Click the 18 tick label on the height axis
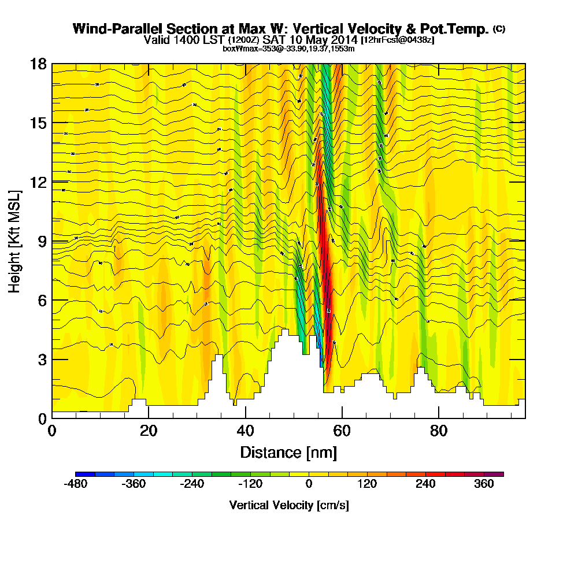pyautogui.click(x=38, y=64)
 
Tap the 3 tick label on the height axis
pyautogui.click(x=42, y=360)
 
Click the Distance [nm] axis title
pyautogui.click(x=288, y=452)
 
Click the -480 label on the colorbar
pyautogui.click(x=76, y=484)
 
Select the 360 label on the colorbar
pyautogui.click(x=484, y=484)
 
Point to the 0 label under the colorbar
pyautogui.click(x=309, y=484)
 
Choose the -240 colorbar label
pyautogui.click(x=192, y=484)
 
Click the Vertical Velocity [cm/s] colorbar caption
pyautogui.click(x=288, y=505)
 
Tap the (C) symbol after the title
pyautogui.click(x=499, y=29)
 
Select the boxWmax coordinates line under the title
pyautogui.click(x=288, y=49)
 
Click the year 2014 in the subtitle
pyautogui.click(x=342, y=40)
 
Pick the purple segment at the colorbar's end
pyautogui.click(x=498, y=474)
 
